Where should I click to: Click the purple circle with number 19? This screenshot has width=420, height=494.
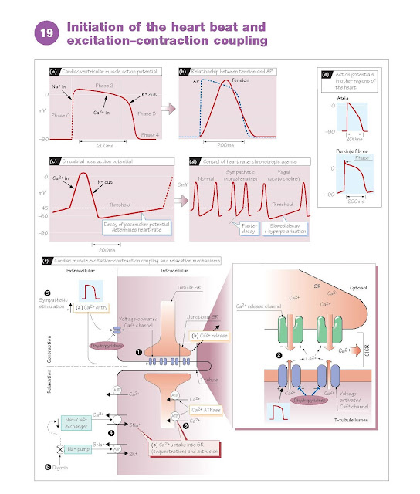tap(40, 32)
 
